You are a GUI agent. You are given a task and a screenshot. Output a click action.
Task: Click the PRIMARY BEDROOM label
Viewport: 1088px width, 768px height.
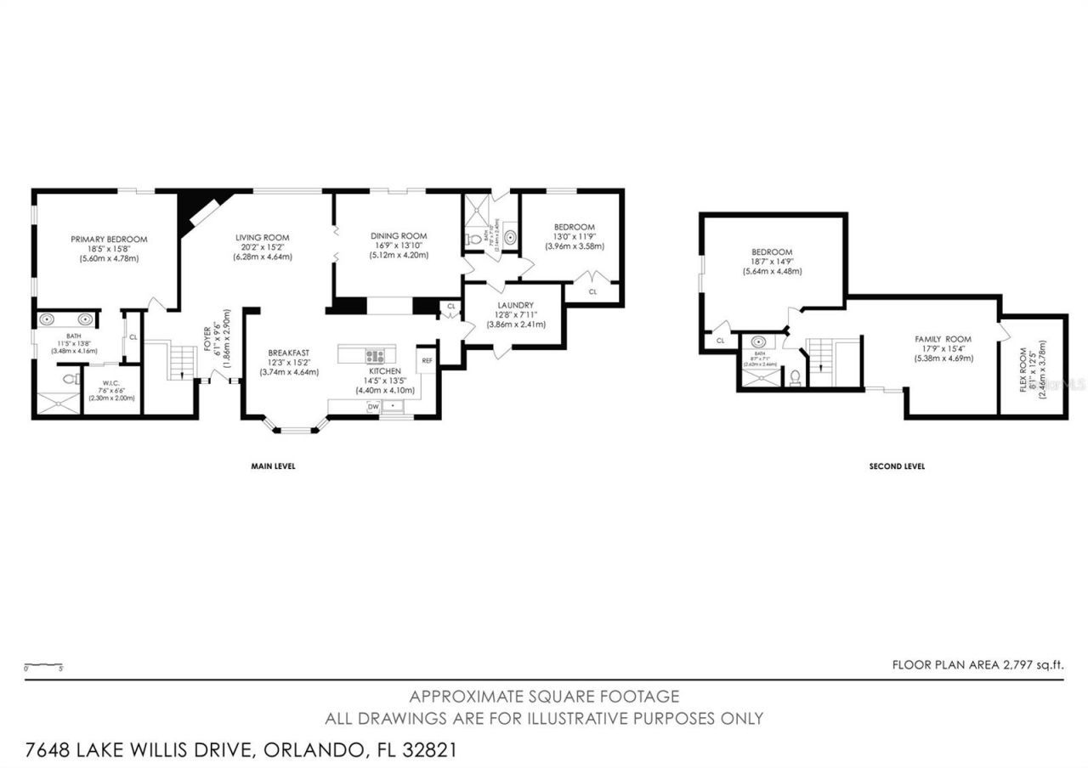pyautogui.click(x=109, y=240)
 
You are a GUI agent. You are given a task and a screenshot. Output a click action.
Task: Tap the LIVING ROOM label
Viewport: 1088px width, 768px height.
pyautogui.click(x=263, y=237)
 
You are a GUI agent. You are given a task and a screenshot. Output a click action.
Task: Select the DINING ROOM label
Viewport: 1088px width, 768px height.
pyautogui.click(x=398, y=235)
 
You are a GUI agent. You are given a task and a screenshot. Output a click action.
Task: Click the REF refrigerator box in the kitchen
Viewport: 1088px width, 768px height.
pyautogui.click(x=426, y=360)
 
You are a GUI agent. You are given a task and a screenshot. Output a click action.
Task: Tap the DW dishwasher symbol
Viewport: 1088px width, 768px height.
pyautogui.click(x=372, y=407)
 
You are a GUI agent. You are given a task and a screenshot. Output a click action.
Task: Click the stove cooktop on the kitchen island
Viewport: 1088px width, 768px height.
pyautogui.click(x=375, y=356)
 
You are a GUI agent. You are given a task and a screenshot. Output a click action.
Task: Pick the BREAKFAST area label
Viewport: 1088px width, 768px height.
pyautogui.click(x=288, y=353)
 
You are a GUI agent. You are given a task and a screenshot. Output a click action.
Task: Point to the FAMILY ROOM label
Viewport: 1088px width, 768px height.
pyautogui.click(x=943, y=339)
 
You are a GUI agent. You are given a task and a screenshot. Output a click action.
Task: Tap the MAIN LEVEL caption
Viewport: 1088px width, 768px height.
pyautogui.click(x=272, y=466)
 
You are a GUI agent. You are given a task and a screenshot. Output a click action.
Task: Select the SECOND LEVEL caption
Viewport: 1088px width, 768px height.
pyautogui.click(x=897, y=466)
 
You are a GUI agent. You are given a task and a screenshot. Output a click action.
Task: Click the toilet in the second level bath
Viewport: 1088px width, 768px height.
pyautogui.click(x=795, y=376)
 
